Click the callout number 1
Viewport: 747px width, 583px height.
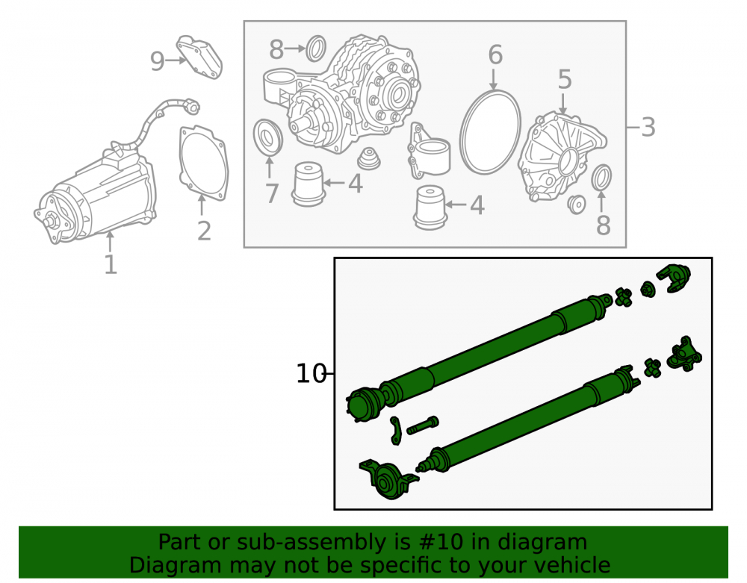coord(111,264)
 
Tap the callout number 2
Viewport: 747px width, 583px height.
coord(204,231)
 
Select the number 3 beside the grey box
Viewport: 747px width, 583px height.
coord(648,128)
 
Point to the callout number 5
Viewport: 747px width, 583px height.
coord(565,79)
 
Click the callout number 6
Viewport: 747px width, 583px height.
coord(495,54)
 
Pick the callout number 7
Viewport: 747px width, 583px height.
coord(272,193)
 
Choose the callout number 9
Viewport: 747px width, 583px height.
coord(157,61)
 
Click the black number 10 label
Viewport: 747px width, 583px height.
coord(311,374)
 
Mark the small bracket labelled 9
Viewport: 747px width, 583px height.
coord(199,57)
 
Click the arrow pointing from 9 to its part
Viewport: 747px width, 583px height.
coord(176,60)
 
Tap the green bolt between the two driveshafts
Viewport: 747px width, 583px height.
coord(423,425)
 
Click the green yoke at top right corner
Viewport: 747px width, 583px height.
coord(674,278)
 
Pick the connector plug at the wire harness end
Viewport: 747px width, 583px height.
coord(191,107)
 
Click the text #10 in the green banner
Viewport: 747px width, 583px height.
coord(438,542)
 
